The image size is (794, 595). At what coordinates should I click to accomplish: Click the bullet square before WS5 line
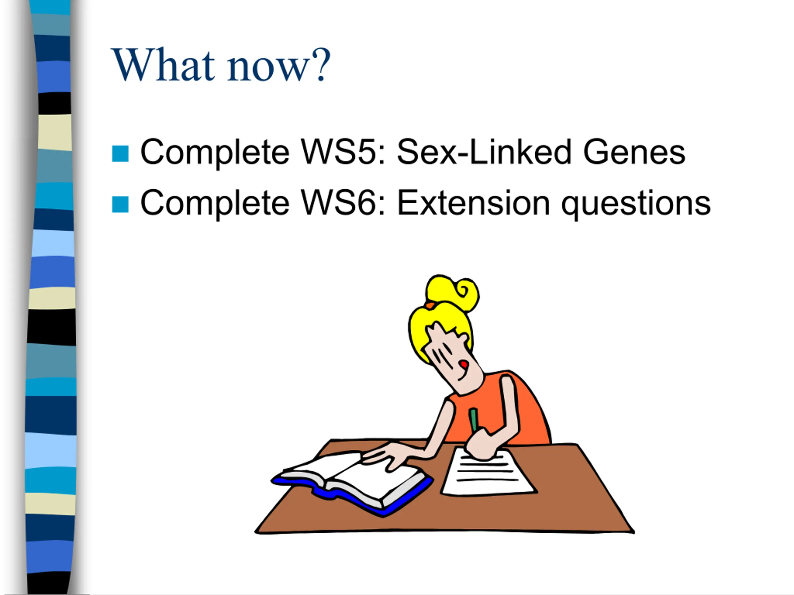pos(120,153)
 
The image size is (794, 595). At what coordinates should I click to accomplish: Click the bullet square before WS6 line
pos(120,204)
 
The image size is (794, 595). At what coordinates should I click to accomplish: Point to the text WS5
pos(343,152)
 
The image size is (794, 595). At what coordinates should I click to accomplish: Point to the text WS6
pos(343,203)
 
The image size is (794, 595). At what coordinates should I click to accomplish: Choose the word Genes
pos(634,152)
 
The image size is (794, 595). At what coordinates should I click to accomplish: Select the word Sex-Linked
pos(484,152)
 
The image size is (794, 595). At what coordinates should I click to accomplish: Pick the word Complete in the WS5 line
pos(215,154)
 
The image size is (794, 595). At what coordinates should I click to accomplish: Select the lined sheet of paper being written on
pos(488,472)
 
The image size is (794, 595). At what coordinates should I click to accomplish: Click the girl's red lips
pos(464,365)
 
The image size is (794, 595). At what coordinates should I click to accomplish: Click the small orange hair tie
pos(429,305)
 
